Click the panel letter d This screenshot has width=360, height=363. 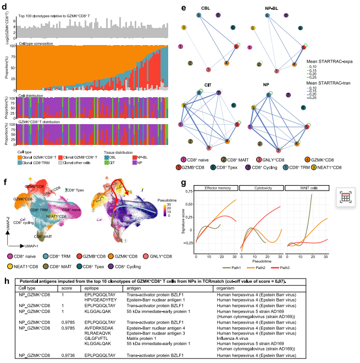[x=6, y=6]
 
